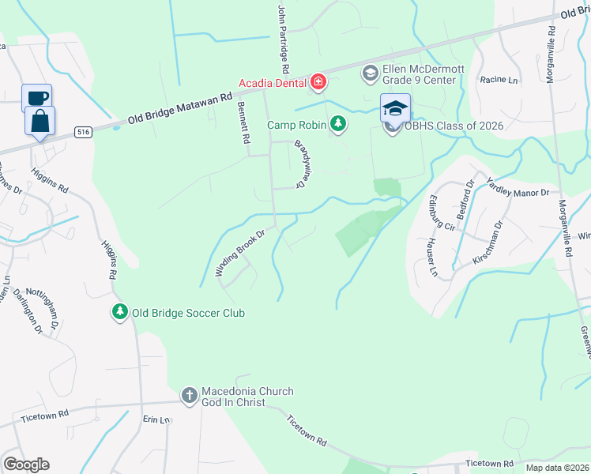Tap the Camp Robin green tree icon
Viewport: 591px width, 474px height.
tap(338, 124)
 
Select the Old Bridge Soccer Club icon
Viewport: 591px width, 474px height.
tap(119, 313)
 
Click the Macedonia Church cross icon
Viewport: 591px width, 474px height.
tap(189, 395)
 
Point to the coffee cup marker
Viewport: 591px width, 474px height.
tap(37, 97)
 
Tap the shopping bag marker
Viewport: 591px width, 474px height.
tap(40, 121)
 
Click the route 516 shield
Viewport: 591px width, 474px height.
tap(83, 132)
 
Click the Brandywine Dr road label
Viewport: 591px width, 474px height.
tap(301, 164)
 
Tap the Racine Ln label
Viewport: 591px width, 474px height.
tap(499, 80)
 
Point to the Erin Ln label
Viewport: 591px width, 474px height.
tap(156, 420)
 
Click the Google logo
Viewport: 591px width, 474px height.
tap(26, 464)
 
